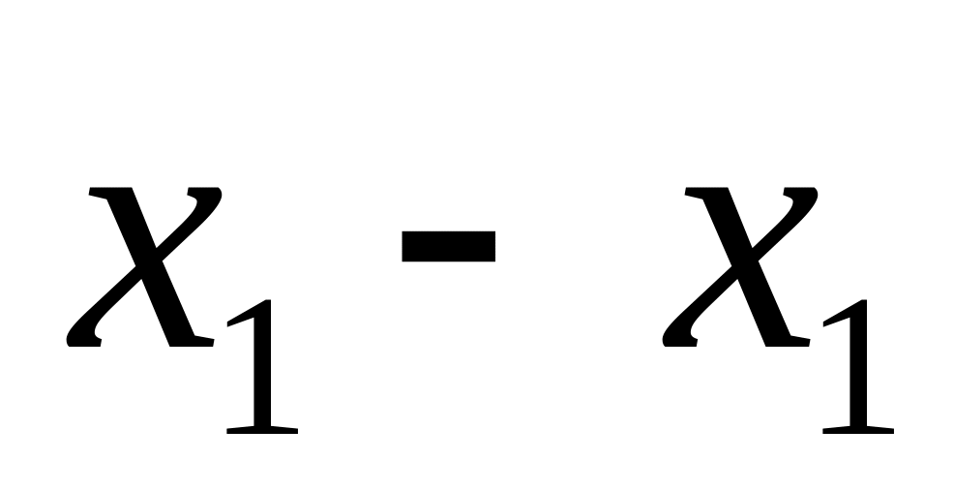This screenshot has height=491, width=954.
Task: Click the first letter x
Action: (x=145, y=266)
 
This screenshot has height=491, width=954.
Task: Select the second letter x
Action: (x=741, y=266)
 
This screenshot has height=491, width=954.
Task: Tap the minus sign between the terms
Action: (x=449, y=247)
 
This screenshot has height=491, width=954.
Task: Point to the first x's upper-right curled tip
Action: (x=214, y=199)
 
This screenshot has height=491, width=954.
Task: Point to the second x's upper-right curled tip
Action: (x=810, y=199)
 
